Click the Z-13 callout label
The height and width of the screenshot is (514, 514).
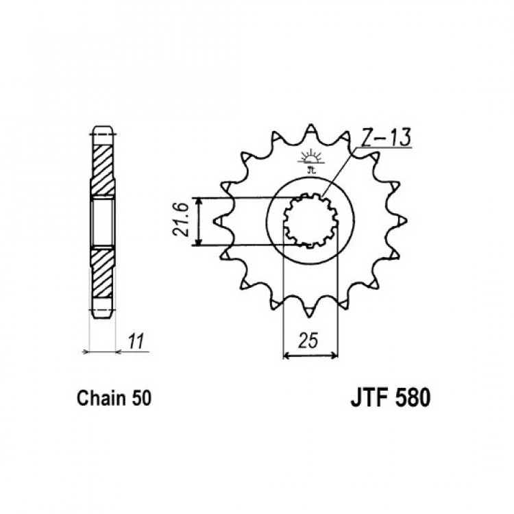coord(386,137)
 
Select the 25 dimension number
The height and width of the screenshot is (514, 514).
coord(308,341)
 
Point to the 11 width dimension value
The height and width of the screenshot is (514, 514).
coord(136,341)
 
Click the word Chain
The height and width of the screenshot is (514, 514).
coord(101,398)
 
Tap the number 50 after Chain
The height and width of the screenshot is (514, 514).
coord(141,399)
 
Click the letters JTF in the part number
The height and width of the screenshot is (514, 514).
coord(369,398)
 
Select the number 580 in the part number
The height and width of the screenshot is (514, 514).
coord(413,398)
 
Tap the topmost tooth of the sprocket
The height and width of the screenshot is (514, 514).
coord(310,130)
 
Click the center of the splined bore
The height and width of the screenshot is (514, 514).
coord(310,220)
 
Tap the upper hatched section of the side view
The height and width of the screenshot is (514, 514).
coord(103,170)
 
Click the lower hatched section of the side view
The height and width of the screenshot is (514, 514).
coord(102,273)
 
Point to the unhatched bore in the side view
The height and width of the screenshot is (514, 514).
coord(103,222)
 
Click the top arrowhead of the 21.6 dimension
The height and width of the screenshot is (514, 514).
coord(198,201)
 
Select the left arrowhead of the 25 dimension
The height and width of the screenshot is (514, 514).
coord(287,355)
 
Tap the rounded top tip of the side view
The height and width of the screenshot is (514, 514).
coord(103,127)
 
